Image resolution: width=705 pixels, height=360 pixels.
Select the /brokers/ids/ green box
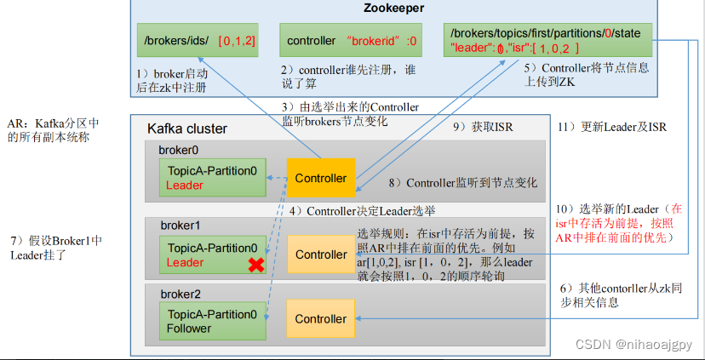199,41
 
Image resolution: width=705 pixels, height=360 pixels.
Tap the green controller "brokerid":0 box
352,41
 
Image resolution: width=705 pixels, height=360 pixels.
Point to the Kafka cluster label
187,129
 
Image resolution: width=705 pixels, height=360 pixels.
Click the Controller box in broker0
320,178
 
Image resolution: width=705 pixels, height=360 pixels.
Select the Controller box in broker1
320,254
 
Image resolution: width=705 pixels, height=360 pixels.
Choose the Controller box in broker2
320,319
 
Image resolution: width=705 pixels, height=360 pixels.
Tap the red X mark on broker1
254,266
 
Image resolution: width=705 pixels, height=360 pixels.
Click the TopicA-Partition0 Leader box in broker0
212,178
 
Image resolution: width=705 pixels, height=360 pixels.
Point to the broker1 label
179,226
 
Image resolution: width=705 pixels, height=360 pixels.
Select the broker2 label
179,294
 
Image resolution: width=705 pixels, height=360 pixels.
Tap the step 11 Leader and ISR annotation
611,127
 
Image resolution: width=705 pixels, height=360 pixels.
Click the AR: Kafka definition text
48,129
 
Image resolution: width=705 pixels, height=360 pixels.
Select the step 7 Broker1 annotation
54,247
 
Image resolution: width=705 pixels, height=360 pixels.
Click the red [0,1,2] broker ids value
237,41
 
